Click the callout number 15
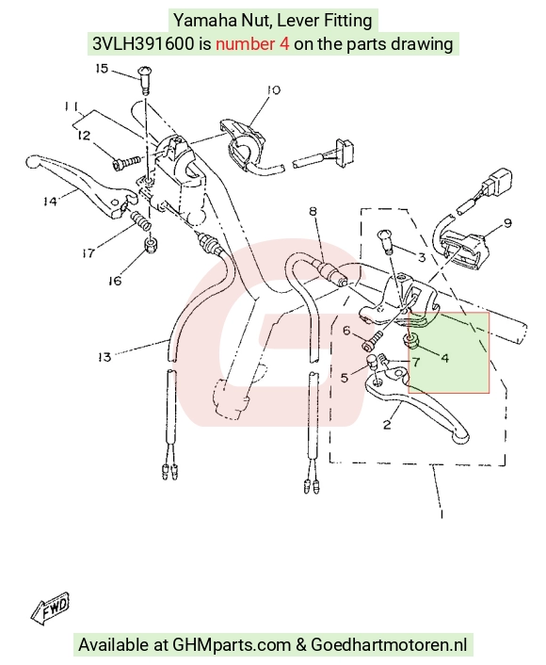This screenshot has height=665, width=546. (x=102, y=68)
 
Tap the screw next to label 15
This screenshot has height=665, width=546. (x=145, y=81)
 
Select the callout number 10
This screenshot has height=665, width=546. (x=273, y=89)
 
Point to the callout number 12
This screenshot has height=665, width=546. (x=84, y=136)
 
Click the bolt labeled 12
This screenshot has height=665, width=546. (x=127, y=163)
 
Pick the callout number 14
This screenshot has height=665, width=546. (x=50, y=201)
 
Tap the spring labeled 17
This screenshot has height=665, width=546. (x=141, y=221)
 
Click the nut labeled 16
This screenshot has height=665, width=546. (x=151, y=245)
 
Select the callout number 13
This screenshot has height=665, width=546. (x=104, y=357)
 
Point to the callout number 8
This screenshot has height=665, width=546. (x=313, y=211)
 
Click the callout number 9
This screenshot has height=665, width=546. (x=507, y=223)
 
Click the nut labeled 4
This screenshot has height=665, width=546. (x=409, y=340)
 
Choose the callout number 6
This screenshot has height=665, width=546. (x=346, y=331)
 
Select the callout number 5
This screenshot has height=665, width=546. (x=345, y=377)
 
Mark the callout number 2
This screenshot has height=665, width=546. (x=387, y=424)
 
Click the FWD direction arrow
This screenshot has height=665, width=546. (x=50, y=608)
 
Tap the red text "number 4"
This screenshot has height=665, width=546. (x=252, y=43)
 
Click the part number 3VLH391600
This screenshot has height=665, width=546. (x=144, y=43)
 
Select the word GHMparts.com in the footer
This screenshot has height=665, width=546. (x=232, y=644)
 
